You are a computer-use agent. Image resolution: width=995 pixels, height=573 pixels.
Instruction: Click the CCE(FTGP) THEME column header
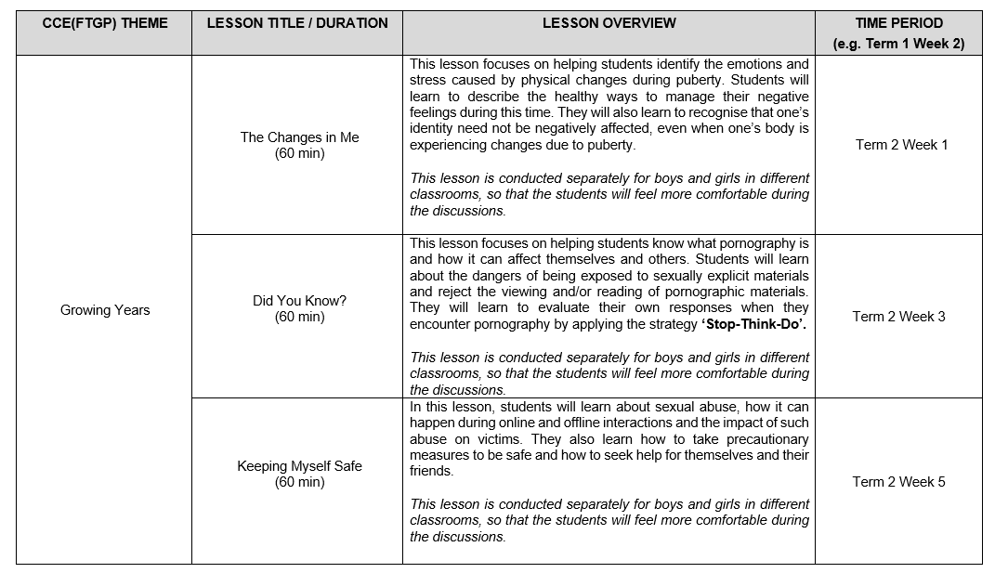coord(104,23)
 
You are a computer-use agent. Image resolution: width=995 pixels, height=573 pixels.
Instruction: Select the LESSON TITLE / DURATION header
coord(297,23)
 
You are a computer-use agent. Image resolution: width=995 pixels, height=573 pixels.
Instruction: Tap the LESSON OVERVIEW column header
coord(609,23)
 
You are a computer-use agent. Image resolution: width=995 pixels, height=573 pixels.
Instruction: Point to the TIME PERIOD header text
coord(898,23)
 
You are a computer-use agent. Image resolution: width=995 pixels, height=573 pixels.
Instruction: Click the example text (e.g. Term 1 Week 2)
coord(898,43)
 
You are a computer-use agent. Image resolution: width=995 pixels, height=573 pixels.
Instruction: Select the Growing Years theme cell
coord(104,310)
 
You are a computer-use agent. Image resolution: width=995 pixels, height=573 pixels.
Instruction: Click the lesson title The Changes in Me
coord(299,137)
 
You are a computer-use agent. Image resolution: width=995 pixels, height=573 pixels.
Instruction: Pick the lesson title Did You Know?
coord(299,301)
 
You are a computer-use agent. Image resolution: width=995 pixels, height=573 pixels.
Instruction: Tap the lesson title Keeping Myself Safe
coord(299,466)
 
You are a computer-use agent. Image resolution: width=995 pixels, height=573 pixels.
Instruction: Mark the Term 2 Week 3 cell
coord(898,317)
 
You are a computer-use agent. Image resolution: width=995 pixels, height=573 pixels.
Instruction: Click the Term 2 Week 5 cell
coord(898,482)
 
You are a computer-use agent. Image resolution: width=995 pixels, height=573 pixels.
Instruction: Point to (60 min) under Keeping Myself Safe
coord(299,482)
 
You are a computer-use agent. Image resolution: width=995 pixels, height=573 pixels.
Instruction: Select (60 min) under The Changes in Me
coord(299,153)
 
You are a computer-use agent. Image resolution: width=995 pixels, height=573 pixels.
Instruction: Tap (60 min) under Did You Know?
coord(299,317)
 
